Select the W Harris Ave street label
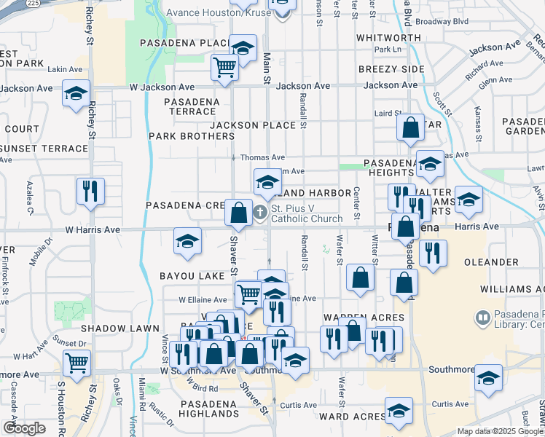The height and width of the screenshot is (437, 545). pos(93,229)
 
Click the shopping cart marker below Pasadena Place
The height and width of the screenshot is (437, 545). pos(225,67)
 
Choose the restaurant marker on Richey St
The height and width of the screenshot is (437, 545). pos(90,191)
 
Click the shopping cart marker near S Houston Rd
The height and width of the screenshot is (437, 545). pos(77,361)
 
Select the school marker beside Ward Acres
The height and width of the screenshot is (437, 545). pos(399,411)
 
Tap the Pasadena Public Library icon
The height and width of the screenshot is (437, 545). pos(482,318)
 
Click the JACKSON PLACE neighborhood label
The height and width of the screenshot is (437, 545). pos(253,125)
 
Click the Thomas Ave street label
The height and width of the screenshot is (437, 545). pos(262,157)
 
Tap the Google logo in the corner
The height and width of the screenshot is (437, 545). pos(24,428)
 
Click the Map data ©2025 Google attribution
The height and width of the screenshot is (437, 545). pos(499,431)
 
